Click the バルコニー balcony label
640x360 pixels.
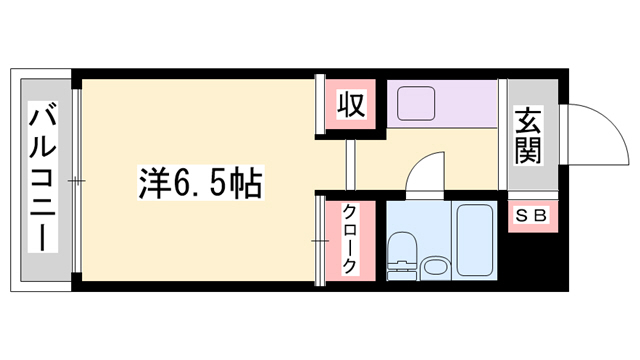[x=43, y=179]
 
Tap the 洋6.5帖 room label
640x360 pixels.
[x=199, y=183]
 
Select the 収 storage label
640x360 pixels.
[x=349, y=103]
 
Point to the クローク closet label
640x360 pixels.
[x=349, y=239]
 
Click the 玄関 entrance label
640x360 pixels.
[x=529, y=135]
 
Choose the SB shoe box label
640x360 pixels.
[x=529, y=215]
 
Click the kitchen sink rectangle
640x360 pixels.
[x=415, y=102]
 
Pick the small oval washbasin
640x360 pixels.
[x=435, y=267]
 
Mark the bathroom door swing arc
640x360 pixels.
[x=425, y=172]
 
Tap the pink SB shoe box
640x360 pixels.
[x=529, y=215]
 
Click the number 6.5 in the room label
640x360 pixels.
[x=199, y=183]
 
